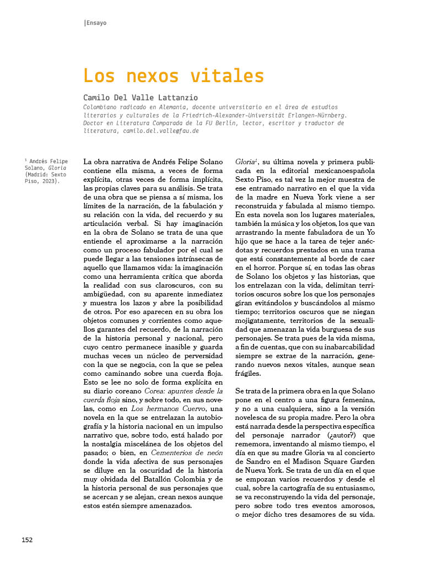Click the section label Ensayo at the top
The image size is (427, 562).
96,23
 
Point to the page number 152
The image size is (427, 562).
27,539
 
